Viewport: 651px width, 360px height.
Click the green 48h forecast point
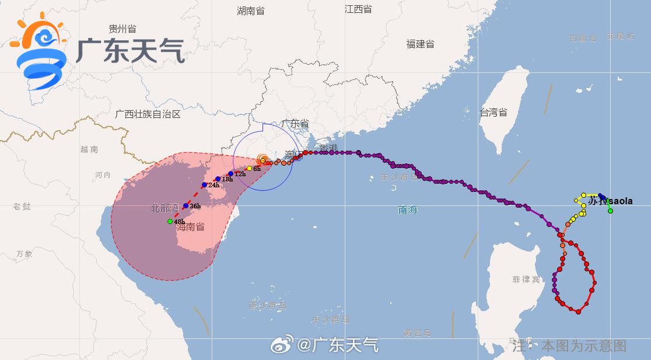[170, 221]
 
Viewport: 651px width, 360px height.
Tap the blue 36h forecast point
[185, 205]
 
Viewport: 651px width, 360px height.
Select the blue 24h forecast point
[204, 185]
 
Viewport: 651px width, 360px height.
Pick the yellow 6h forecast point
[249, 169]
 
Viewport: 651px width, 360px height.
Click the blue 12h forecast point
[230, 174]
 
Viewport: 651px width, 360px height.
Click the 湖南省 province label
[251, 11]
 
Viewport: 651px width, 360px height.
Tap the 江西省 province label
[358, 9]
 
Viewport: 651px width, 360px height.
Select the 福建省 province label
[420, 44]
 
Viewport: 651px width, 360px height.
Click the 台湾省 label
[494, 113]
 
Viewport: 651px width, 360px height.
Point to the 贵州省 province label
[123, 29]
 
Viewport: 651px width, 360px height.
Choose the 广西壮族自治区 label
[148, 114]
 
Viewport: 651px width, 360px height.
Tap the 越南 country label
[89, 149]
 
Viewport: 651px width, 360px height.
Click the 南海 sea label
[408, 210]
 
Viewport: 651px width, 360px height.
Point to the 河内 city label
[103, 175]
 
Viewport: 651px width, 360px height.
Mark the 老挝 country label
[22, 206]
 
